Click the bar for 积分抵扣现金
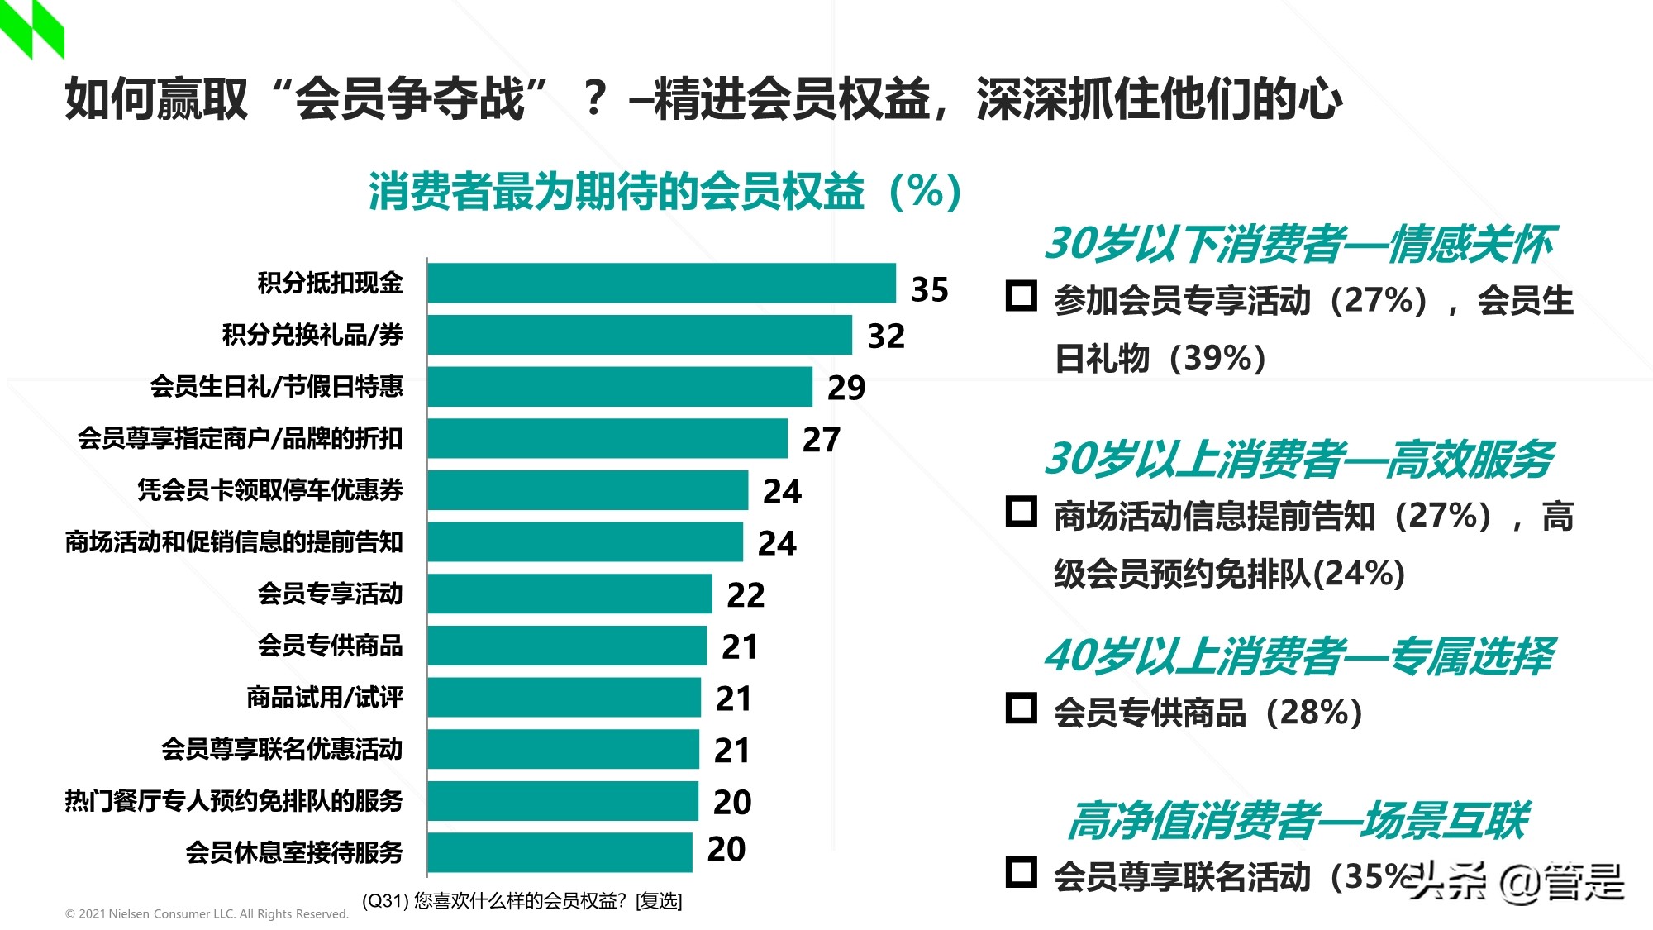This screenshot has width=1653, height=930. coord(661,284)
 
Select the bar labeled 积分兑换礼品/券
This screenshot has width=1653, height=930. coord(639,335)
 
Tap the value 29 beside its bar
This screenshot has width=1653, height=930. coord(846,388)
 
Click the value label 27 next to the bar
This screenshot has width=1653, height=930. coord(822,440)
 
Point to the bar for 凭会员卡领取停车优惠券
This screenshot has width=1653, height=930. coord(588,490)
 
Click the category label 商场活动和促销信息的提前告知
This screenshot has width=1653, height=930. coord(234,542)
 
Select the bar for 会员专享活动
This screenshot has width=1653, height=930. coord(569,594)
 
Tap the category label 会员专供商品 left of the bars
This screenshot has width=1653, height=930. coord(330,645)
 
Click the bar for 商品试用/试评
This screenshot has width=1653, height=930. coord(564,698)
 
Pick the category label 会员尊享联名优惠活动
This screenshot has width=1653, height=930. coord(282,749)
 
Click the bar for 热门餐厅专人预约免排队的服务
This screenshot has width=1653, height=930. coord(563,801)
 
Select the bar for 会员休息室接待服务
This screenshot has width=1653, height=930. coord(560,852)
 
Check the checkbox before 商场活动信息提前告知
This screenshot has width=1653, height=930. coord(1022,512)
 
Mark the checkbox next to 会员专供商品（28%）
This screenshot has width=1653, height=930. coord(1022,708)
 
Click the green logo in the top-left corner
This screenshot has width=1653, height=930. coord(31,29)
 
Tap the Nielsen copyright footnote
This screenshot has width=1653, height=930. coord(207,913)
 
